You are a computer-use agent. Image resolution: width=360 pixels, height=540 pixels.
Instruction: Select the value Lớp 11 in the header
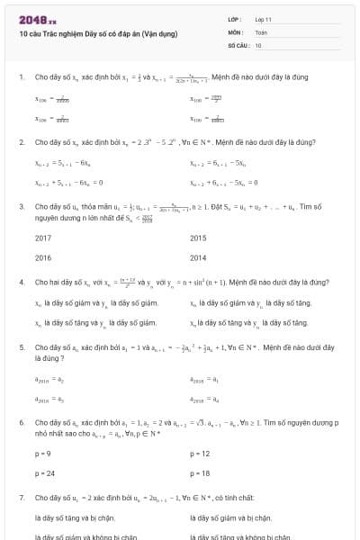coord(264,19)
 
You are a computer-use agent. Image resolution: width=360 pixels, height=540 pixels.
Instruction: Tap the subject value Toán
coord(261,31)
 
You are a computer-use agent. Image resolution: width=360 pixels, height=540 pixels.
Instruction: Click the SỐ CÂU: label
coord(238,44)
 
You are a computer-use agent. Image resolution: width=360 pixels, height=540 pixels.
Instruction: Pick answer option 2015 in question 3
coord(198,238)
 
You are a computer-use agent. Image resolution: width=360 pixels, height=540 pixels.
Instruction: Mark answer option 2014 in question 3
coord(198,256)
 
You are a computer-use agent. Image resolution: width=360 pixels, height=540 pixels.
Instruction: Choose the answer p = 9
coord(42,454)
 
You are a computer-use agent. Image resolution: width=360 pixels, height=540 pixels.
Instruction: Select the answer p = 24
coord(44,472)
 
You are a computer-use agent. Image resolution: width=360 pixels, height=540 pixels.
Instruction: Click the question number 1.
coord(21,77)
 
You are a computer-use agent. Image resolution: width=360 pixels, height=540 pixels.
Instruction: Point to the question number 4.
coord(21,282)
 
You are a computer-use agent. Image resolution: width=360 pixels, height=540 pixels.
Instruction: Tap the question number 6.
coord(21,421)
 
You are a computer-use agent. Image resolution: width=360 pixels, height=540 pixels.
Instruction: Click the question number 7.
coord(21,497)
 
